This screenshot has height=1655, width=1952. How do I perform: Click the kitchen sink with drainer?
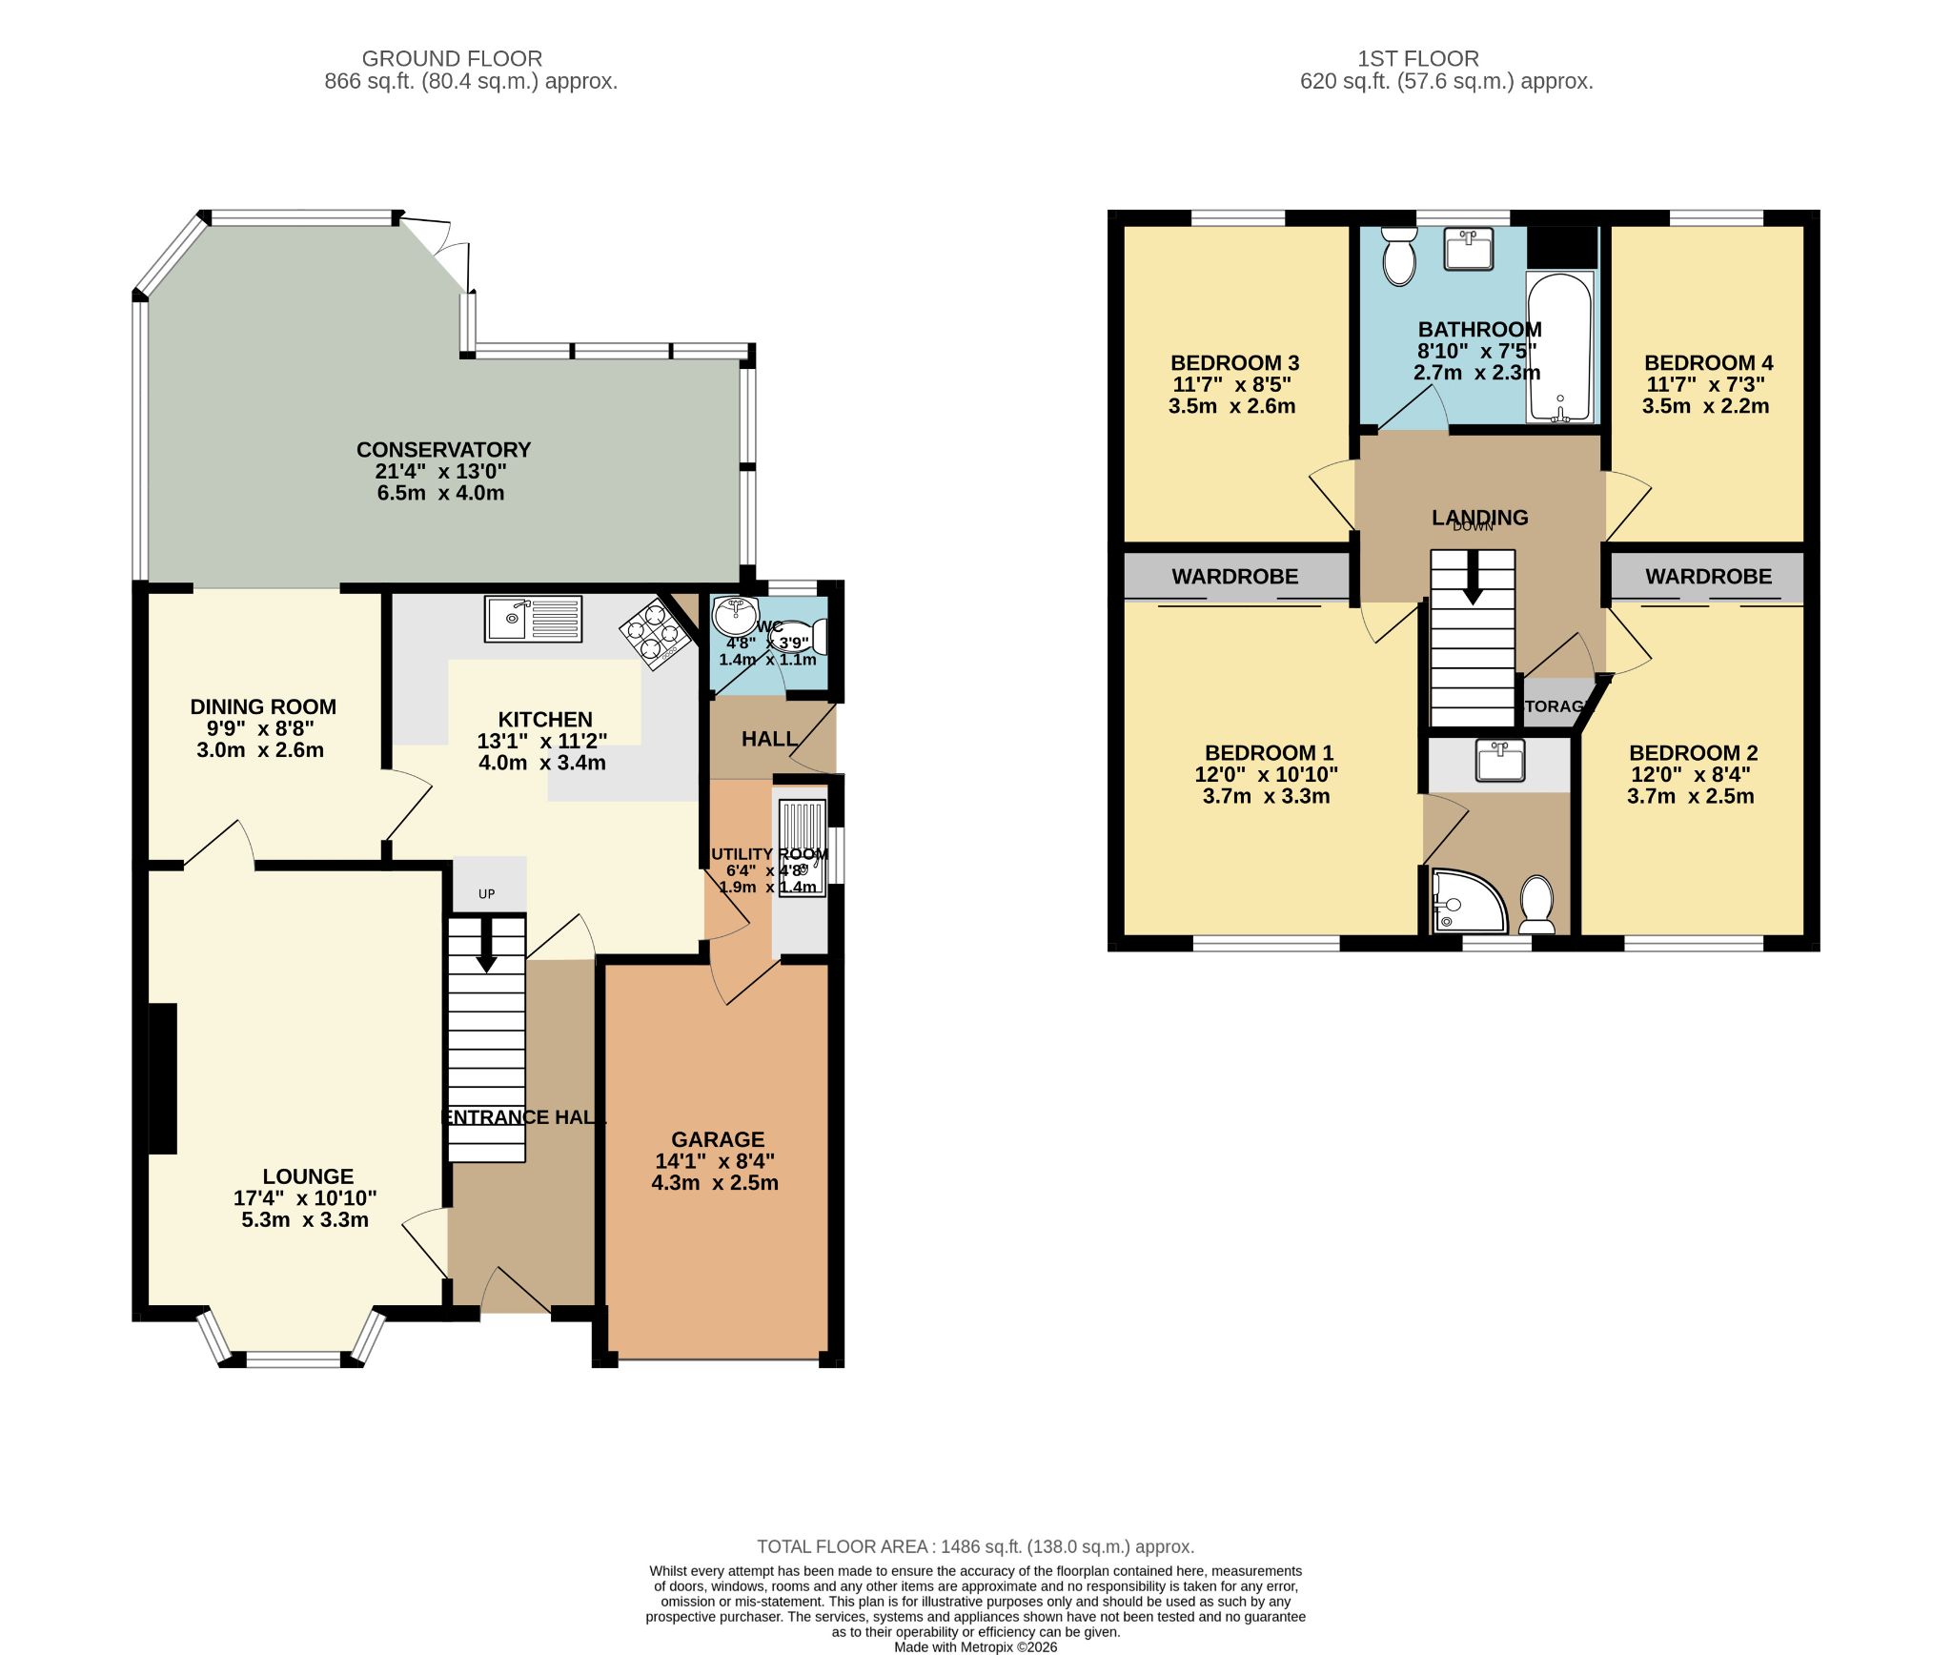click(x=533, y=619)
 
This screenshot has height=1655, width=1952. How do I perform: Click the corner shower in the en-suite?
click(x=1468, y=901)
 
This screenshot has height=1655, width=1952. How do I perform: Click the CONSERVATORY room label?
click(x=443, y=450)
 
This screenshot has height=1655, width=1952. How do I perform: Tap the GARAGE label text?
click(x=718, y=1139)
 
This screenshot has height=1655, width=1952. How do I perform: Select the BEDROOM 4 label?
click(x=1708, y=363)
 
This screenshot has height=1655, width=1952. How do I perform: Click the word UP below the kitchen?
click(x=487, y=894)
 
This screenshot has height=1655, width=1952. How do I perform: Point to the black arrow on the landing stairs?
click(x=1473, y=582)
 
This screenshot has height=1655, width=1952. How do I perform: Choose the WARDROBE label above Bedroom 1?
click(x=1234, y=577)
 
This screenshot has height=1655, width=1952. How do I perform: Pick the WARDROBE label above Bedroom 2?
click(x=1708, y=577)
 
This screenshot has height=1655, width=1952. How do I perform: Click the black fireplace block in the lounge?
click(x=163, y=1078)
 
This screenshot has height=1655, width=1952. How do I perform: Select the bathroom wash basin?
click(x=1469, y=250)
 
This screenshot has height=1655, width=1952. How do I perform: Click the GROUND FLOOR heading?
click(x=452, y=59)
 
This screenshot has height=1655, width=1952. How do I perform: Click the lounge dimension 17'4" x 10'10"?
click(x=305, y=1198)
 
